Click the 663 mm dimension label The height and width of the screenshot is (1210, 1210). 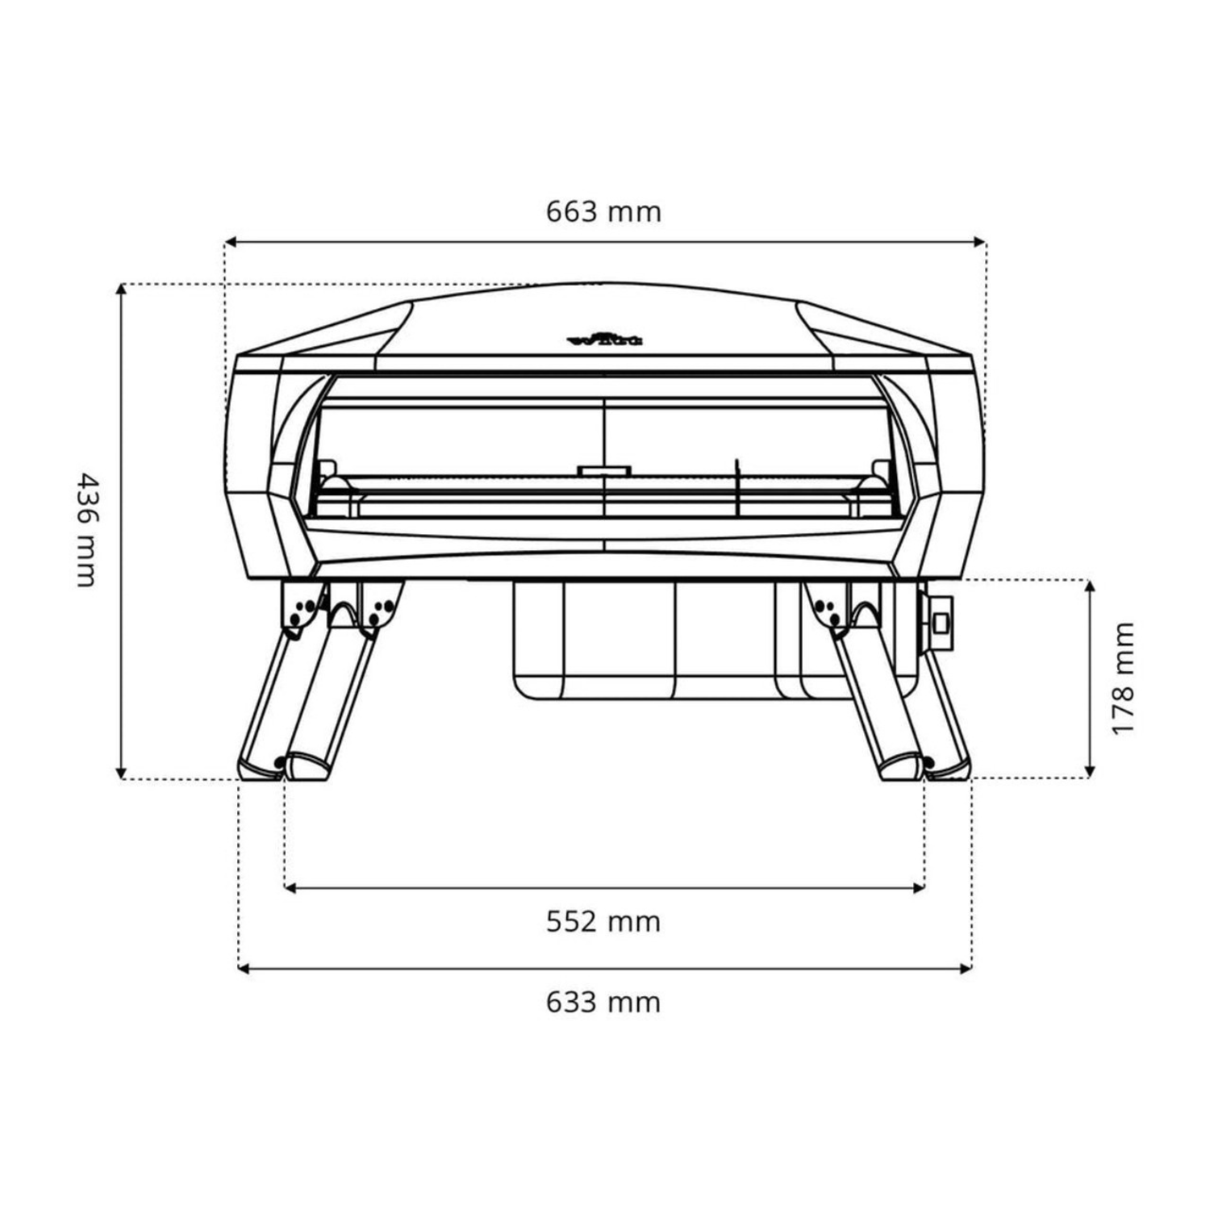[603, 211]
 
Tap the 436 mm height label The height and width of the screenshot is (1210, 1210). [86, 530]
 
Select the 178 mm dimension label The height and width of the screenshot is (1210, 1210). [1122, 678]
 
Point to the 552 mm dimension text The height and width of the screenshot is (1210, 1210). [603, 921]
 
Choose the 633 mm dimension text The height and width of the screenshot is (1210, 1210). [603, 1002]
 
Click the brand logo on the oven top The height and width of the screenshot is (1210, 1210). [605, 340]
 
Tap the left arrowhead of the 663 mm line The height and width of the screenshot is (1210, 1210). [230, 241]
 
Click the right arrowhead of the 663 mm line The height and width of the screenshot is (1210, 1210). [980, 241]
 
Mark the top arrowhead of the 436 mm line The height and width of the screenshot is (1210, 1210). [121, 290]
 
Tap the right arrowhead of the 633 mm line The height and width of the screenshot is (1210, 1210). [966, 968]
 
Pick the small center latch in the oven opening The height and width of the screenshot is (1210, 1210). [604, 469]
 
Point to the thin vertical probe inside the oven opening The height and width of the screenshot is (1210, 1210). [736, 487]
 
